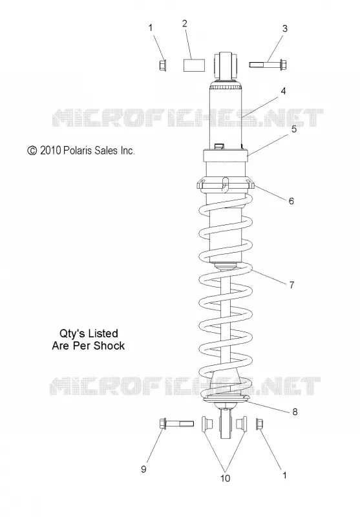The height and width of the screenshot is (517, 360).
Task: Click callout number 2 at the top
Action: point(185,23)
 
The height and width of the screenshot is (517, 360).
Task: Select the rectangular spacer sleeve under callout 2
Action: point(194,65)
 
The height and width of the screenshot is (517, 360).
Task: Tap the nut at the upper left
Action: point(162,65)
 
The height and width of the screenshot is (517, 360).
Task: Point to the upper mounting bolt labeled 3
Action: point(268,64)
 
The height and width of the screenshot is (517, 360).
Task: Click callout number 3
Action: point(285,28)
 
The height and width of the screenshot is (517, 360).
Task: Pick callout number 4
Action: point(283,91)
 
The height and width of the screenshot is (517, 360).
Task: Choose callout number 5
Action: point(293,129)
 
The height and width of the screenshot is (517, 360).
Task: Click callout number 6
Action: point(291,201)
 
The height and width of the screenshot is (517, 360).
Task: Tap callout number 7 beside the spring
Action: point(291,284)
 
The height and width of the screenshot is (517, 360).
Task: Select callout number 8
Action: point(295,412)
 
